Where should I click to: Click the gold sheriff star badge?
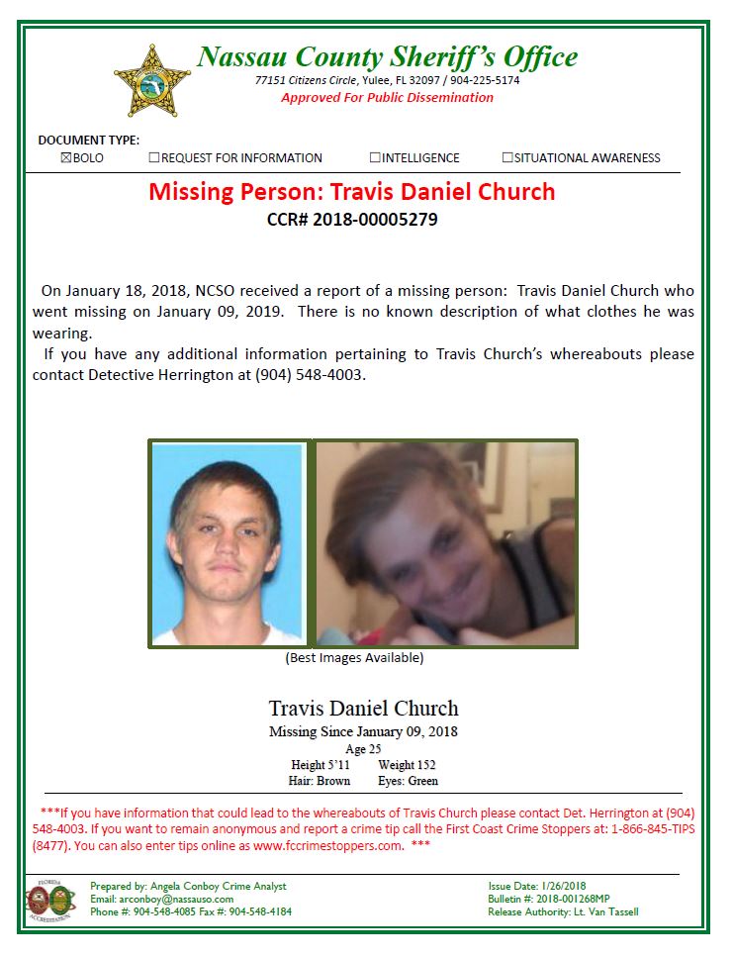[152, 81]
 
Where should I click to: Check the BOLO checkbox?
[66, 157]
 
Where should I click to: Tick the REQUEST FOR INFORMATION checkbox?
[154, 157]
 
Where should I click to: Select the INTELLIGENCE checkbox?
[375, 157]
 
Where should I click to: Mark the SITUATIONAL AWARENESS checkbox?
[507, 157]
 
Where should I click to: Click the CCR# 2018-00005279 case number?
[352, 220]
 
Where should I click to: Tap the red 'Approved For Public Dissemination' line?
[387, 97]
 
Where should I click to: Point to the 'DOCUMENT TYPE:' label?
[88, 141]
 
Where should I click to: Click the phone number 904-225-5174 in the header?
[485, 80]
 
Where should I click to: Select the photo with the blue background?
[228, 543]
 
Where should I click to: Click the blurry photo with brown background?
[445, 543]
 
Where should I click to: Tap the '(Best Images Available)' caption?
[354, 658]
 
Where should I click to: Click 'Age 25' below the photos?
[363, 749]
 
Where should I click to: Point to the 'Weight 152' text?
[407, 765]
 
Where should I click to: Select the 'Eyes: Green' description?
[408, 781]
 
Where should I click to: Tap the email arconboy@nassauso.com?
[161, 899]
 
